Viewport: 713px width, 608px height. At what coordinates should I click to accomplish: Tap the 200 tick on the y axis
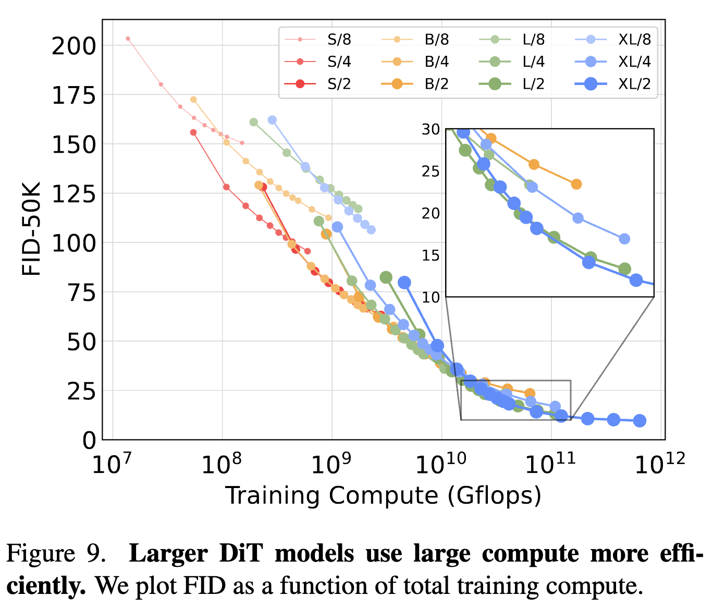click(73, 46)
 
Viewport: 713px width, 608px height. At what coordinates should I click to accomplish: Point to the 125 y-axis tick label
click(73, 194)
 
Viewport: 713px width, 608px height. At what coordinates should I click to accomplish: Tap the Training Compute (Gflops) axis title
click(383, 495)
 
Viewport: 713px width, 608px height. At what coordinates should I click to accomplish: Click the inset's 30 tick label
click(431, 129)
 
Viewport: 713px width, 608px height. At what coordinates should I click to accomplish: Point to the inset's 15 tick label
click(431, 256)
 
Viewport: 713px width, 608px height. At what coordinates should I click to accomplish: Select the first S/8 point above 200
click(128, 39)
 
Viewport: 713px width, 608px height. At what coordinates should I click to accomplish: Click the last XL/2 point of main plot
click(640, 421)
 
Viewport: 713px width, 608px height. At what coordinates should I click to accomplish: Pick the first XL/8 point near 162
click(272, 120)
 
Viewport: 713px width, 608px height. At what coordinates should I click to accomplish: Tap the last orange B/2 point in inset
click(576, 184)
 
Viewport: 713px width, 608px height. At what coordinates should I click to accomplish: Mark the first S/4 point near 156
click(193, 132)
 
